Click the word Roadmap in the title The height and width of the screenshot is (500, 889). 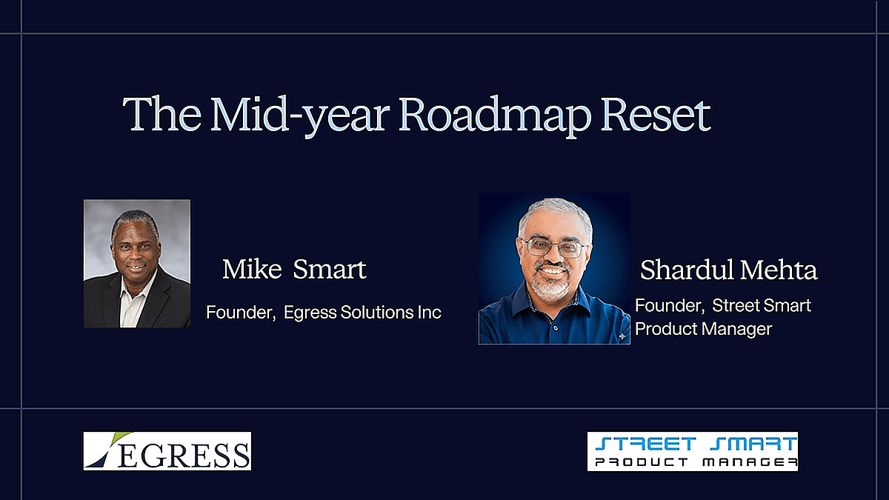495,115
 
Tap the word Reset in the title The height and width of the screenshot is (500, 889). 656,114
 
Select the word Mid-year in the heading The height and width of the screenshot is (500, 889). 298,115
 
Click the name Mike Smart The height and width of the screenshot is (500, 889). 294,269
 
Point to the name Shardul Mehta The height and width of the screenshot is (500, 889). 729,270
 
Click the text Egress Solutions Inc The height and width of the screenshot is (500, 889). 362,313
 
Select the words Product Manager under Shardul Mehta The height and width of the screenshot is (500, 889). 703,329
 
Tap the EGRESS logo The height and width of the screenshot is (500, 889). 167,451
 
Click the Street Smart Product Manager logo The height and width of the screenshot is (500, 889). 693,452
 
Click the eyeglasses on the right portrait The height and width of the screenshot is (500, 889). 556,247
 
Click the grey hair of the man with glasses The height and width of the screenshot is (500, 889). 556,214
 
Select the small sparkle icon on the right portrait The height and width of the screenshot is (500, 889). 622,336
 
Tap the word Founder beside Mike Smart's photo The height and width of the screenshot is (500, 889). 241,313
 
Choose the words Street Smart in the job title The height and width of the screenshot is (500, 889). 762,305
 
